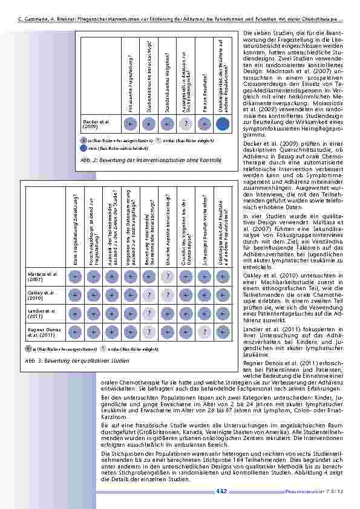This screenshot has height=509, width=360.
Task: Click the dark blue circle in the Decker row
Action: [222, 124]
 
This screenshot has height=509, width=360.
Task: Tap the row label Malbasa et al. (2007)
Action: [38, 277]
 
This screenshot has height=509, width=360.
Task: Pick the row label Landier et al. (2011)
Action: [38, 313]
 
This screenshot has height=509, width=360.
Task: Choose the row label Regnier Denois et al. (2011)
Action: [41, 331]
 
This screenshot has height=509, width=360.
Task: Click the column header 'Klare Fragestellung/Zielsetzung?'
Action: [75, 230]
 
